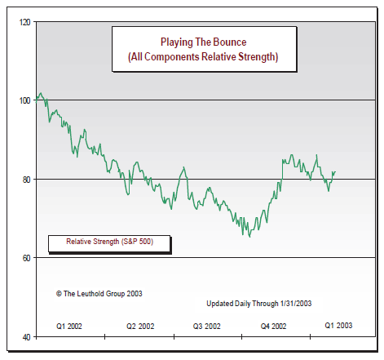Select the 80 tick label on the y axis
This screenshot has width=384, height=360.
click(25, 179)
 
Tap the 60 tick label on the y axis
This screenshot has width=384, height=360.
click(25, 258)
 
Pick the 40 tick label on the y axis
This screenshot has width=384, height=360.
click(25, 336)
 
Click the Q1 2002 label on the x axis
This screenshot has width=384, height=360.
click(69, 326)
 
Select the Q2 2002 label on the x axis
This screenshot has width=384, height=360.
click(140, 326)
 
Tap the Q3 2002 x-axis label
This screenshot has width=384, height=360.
click(207, 326)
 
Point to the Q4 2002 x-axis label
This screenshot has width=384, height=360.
click(273, 326)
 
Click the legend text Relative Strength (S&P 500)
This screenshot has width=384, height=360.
click(108, 242)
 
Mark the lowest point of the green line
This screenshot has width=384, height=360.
click(249, 236)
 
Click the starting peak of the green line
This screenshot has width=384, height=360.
click(40, 93)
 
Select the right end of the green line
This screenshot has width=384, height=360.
click(335, 172)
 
